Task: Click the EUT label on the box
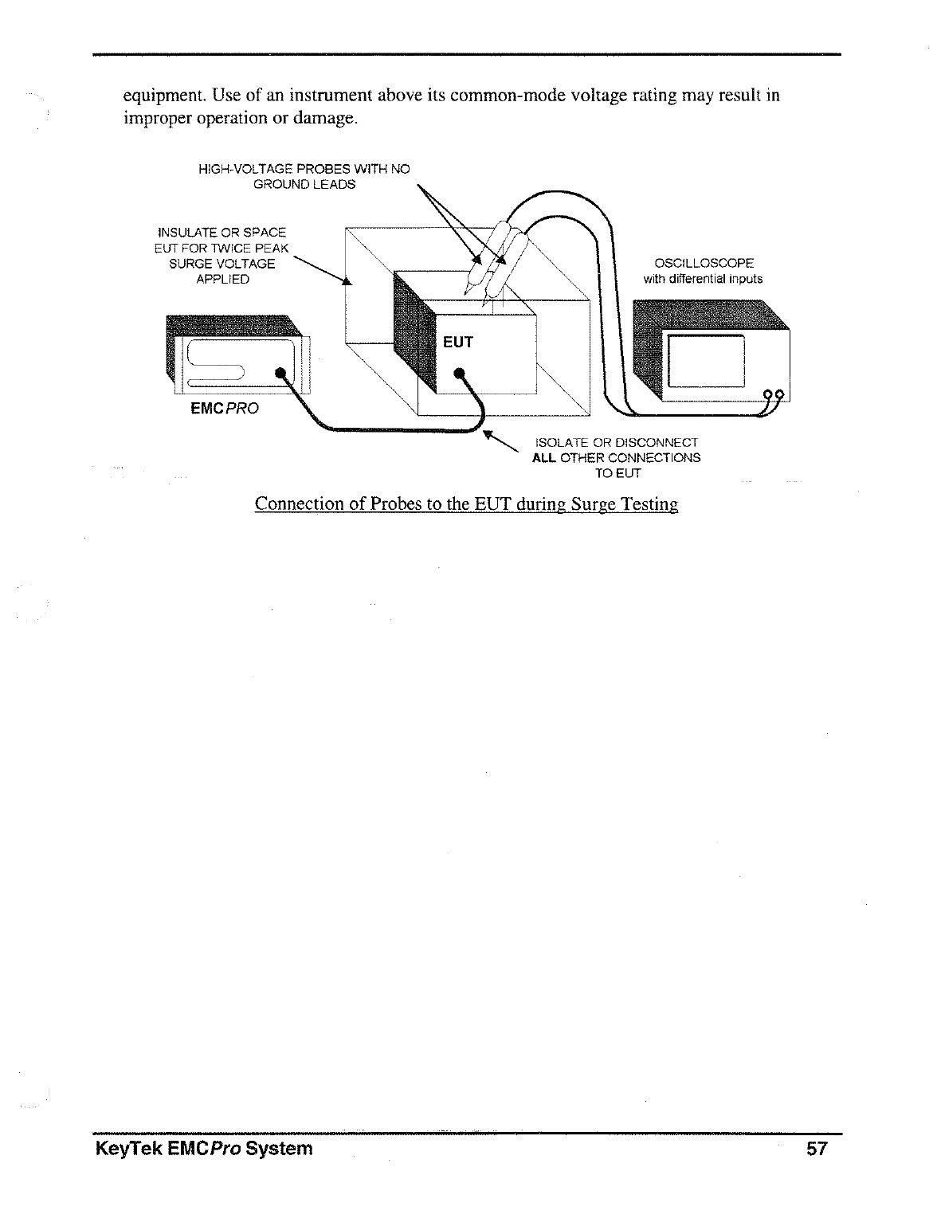coord(457,343)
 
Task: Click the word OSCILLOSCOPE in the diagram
coord(704,264)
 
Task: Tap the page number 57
coord(817,1149)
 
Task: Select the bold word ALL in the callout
coord(544,458)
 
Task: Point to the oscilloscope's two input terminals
coord(774,394)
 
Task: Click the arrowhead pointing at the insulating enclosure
coord(347,280)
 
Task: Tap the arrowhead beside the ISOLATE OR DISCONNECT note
coord(491,437)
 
